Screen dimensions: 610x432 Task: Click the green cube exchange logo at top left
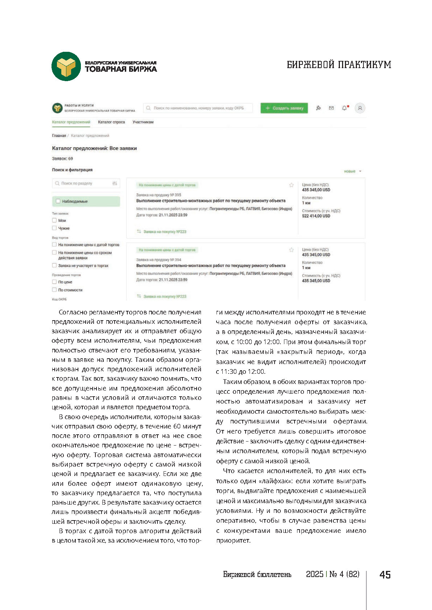tap(66, 66)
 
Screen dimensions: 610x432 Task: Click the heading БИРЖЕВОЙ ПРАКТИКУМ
tap(339, 65)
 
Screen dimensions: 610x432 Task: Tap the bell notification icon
tap(344, 108)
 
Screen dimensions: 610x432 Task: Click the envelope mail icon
tap(331, 108)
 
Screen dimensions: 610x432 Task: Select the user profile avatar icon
tap(360, 108)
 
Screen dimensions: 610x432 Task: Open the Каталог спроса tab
tap(111, 122)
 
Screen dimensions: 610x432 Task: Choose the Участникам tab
tap(143, 122)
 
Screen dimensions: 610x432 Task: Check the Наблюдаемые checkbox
tap(58, 201)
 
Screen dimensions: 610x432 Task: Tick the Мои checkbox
tap(54, 220)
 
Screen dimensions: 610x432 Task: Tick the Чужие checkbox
tap(54, 228)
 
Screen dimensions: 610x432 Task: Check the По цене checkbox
tap(54, 282)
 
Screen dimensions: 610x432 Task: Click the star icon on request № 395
tap(291, 185)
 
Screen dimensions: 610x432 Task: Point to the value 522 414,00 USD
tap(316, 216)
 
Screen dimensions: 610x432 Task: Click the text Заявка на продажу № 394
tap(159, 260)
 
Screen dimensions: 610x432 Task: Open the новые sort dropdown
tap(353, 171)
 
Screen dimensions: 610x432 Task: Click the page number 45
tap(385, 575)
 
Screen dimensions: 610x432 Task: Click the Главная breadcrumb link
tap(59, 135)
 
